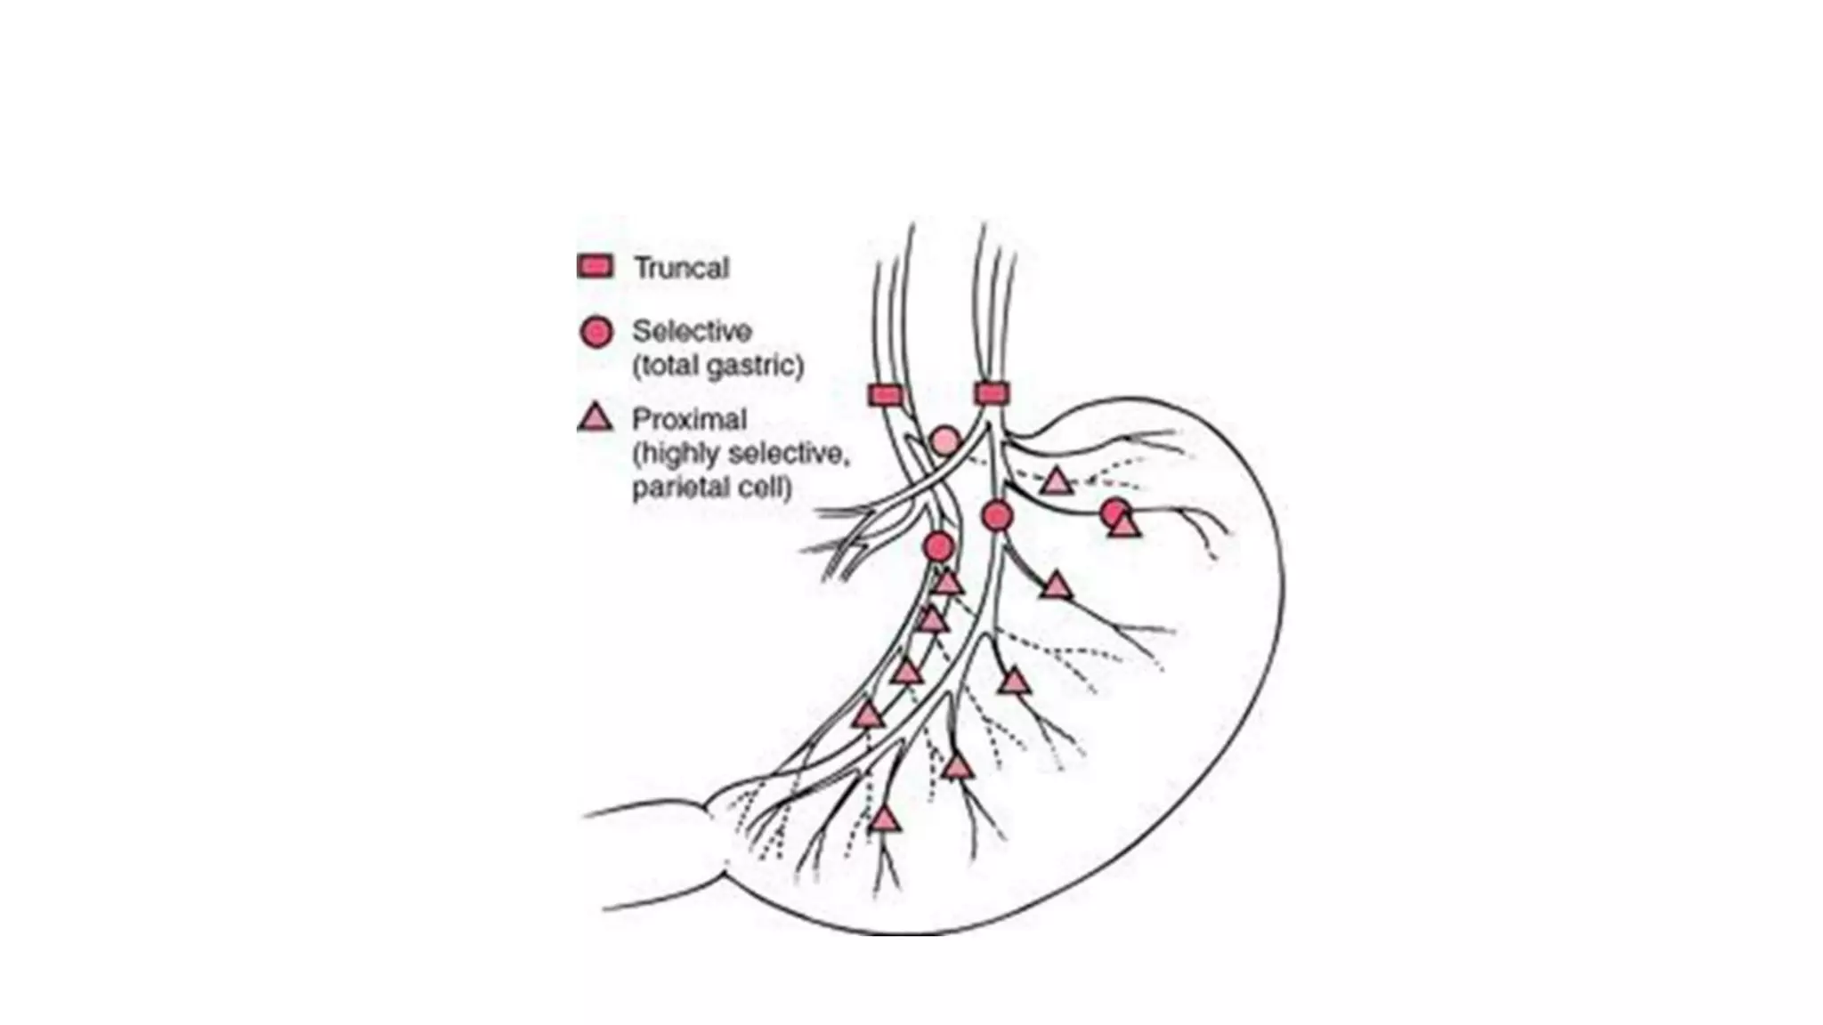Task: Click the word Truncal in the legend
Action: click(681, 268)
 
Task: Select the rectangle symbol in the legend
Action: click(596, 266)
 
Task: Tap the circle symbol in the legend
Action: click(596, 332)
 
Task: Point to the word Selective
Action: click(692, 331)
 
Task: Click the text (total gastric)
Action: click(717, 366)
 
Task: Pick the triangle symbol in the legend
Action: click(596, 418)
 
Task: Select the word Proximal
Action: click(689, 418)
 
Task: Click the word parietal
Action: click(681, 488)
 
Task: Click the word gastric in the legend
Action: click(755, 366)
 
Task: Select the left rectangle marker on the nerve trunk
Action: click(885, 395)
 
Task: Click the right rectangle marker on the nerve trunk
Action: click(992, 393)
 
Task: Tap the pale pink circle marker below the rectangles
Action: click(945, 440)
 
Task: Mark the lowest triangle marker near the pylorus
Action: click(883, 819)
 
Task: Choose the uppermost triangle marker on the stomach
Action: click(1057, 482)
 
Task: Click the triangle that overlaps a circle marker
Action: click(1125, 527)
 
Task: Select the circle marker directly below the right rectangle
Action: click(997, 515)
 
